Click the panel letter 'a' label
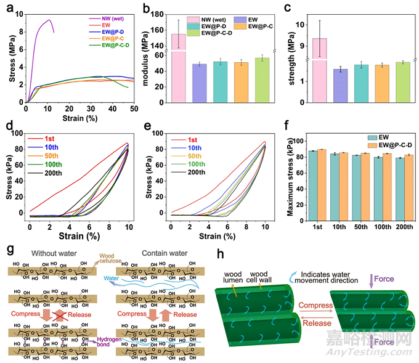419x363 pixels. pos(8,8)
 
